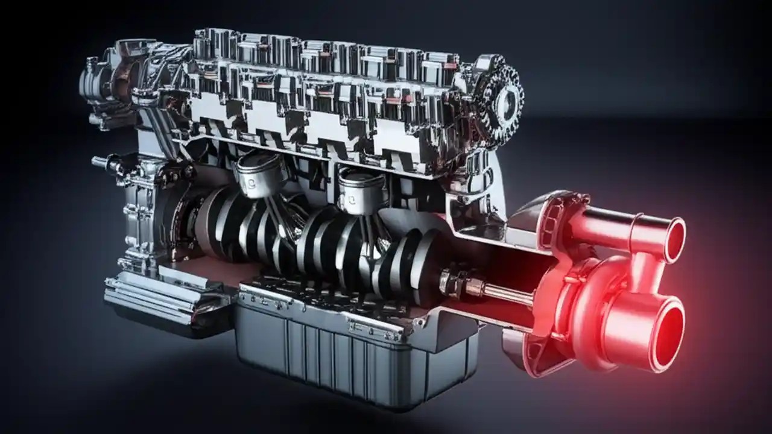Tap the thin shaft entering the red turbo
pos(507,294)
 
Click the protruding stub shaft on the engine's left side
pos(100,162)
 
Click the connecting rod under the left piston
pos(274,211)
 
